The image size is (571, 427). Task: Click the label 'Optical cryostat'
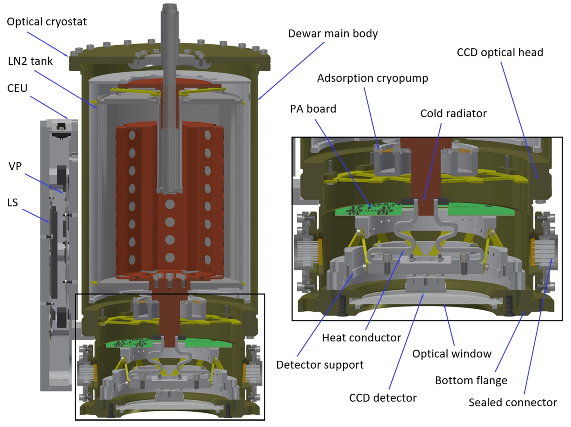coord(47,22)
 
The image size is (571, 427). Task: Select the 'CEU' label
coord(17,88)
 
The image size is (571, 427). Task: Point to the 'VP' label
coord(15,166)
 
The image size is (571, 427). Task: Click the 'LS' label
coord(13,202)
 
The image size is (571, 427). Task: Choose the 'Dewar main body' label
coord(333,33)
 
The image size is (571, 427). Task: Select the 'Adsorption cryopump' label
coord(373,78)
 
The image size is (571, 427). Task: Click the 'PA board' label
coord(313,109)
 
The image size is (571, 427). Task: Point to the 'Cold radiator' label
coord(453,114)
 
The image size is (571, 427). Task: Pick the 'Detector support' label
coord(320,365)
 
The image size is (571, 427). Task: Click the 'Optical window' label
coord(452,354)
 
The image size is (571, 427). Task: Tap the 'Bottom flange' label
coord(471,381)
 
